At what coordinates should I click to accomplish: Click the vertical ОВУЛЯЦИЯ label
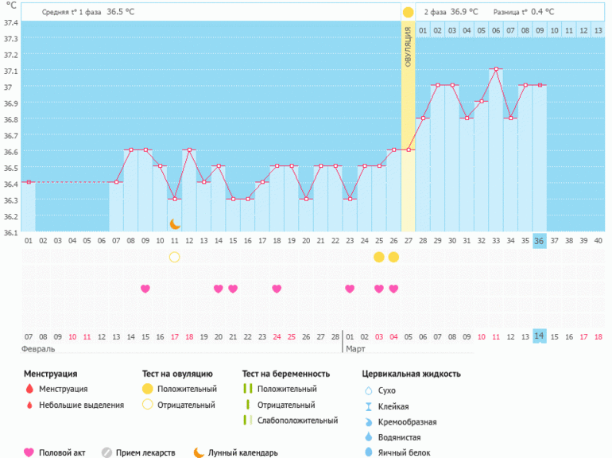(x=408, y=47)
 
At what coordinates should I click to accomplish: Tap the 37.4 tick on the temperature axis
(x=10, y=22)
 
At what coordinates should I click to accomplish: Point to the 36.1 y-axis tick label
(x=10, y=232)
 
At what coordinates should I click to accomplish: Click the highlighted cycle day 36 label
(x=539, y=241)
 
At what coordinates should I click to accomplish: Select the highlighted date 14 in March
(x=539, y=336)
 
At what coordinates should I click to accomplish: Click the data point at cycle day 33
(x=495, y=69)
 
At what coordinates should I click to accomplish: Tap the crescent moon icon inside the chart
(x=175, y=224)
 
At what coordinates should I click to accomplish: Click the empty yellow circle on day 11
(x=175, y=257)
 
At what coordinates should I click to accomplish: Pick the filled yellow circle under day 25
(x=379, y=257)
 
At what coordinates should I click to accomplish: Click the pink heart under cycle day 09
(x=145, y=289)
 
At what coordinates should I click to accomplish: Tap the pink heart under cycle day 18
(x=277, y=289)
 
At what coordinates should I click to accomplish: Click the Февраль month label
(x=40, y=348)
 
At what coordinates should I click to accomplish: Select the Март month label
(x=355, y=348)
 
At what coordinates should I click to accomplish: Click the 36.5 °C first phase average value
(x=120, y=12)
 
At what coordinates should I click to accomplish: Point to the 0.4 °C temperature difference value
(x=542, y=12)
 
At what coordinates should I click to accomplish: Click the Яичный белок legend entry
(x=405, y=452)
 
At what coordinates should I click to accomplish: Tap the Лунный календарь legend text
(x=242, y=452)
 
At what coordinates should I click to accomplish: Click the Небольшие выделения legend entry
(x=82, y=405)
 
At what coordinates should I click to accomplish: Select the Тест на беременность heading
(x=285, y=374)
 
